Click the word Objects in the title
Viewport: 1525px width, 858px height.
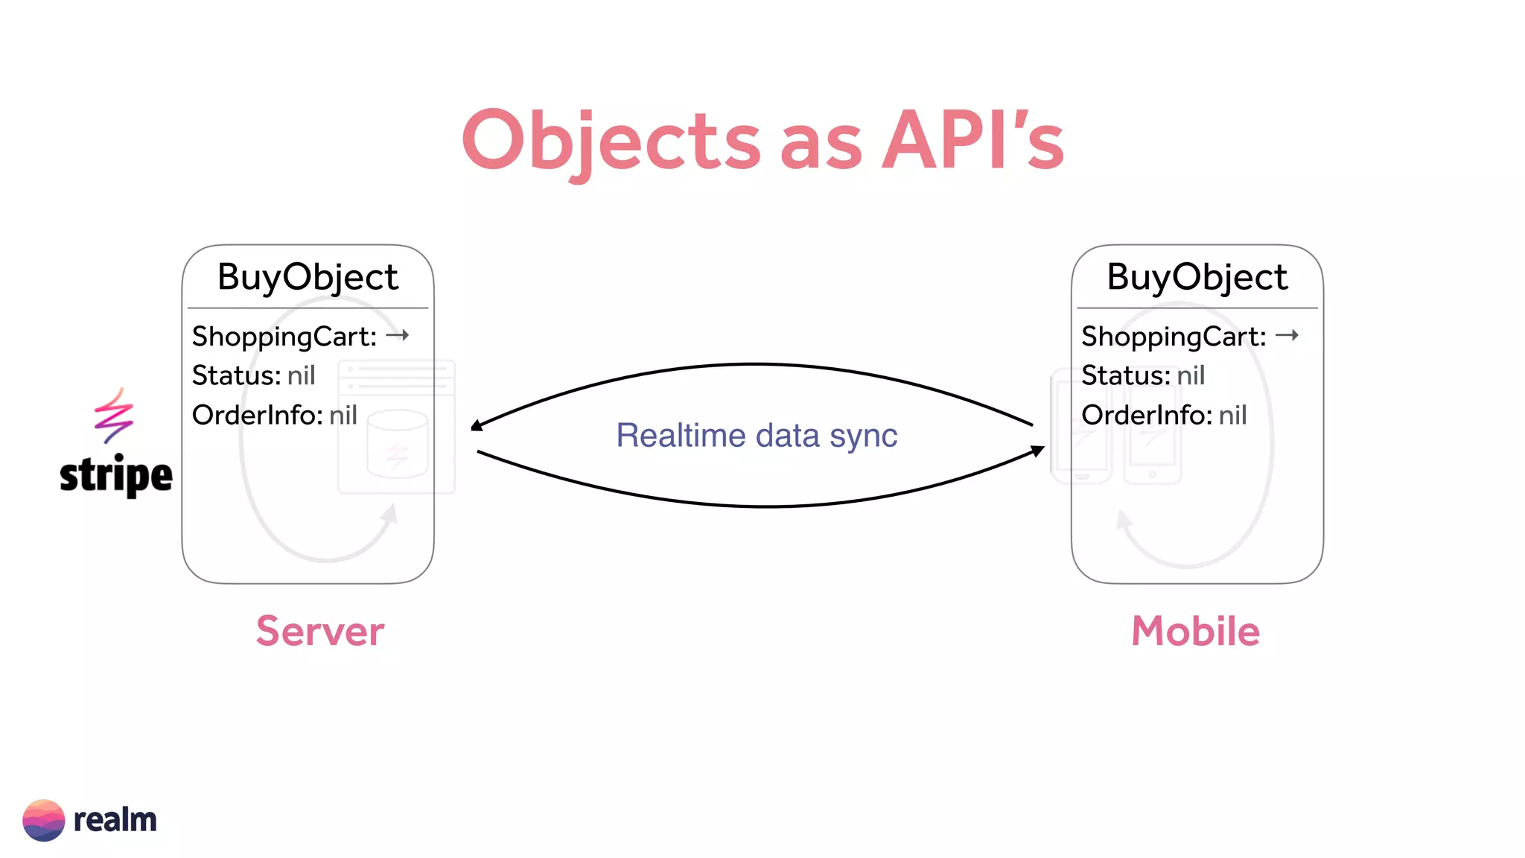coord(611,142)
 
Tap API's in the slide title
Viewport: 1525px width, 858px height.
coord(972,142)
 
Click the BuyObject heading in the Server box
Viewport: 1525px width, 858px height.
coord(308,277)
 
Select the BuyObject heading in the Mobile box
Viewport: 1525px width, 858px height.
coord(1197,277)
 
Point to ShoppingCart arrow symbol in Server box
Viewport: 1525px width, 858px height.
coord(398,335)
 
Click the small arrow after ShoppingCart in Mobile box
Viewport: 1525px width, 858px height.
coord(1287,335)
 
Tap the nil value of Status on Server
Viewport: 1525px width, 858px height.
coord(301,375)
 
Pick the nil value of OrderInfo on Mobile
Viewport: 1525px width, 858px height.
coord(1232,415)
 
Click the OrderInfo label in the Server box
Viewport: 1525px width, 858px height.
coord(257,415)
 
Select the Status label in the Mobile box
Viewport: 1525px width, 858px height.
coord(1125,375)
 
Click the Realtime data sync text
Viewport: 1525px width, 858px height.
coord(757,435)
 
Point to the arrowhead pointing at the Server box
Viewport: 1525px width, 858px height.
coord(477,425)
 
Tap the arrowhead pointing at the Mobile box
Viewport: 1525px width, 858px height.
coord(1037,451)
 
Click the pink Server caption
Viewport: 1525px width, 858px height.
coord(320,631)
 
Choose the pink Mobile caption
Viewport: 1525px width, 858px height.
coord(1195,631)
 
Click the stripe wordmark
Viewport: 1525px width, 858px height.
coord(115,475)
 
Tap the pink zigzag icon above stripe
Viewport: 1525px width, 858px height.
coord(113,415)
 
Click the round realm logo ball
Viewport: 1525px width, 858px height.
coord(44,820)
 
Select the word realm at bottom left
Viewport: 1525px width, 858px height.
coord(115,820)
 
